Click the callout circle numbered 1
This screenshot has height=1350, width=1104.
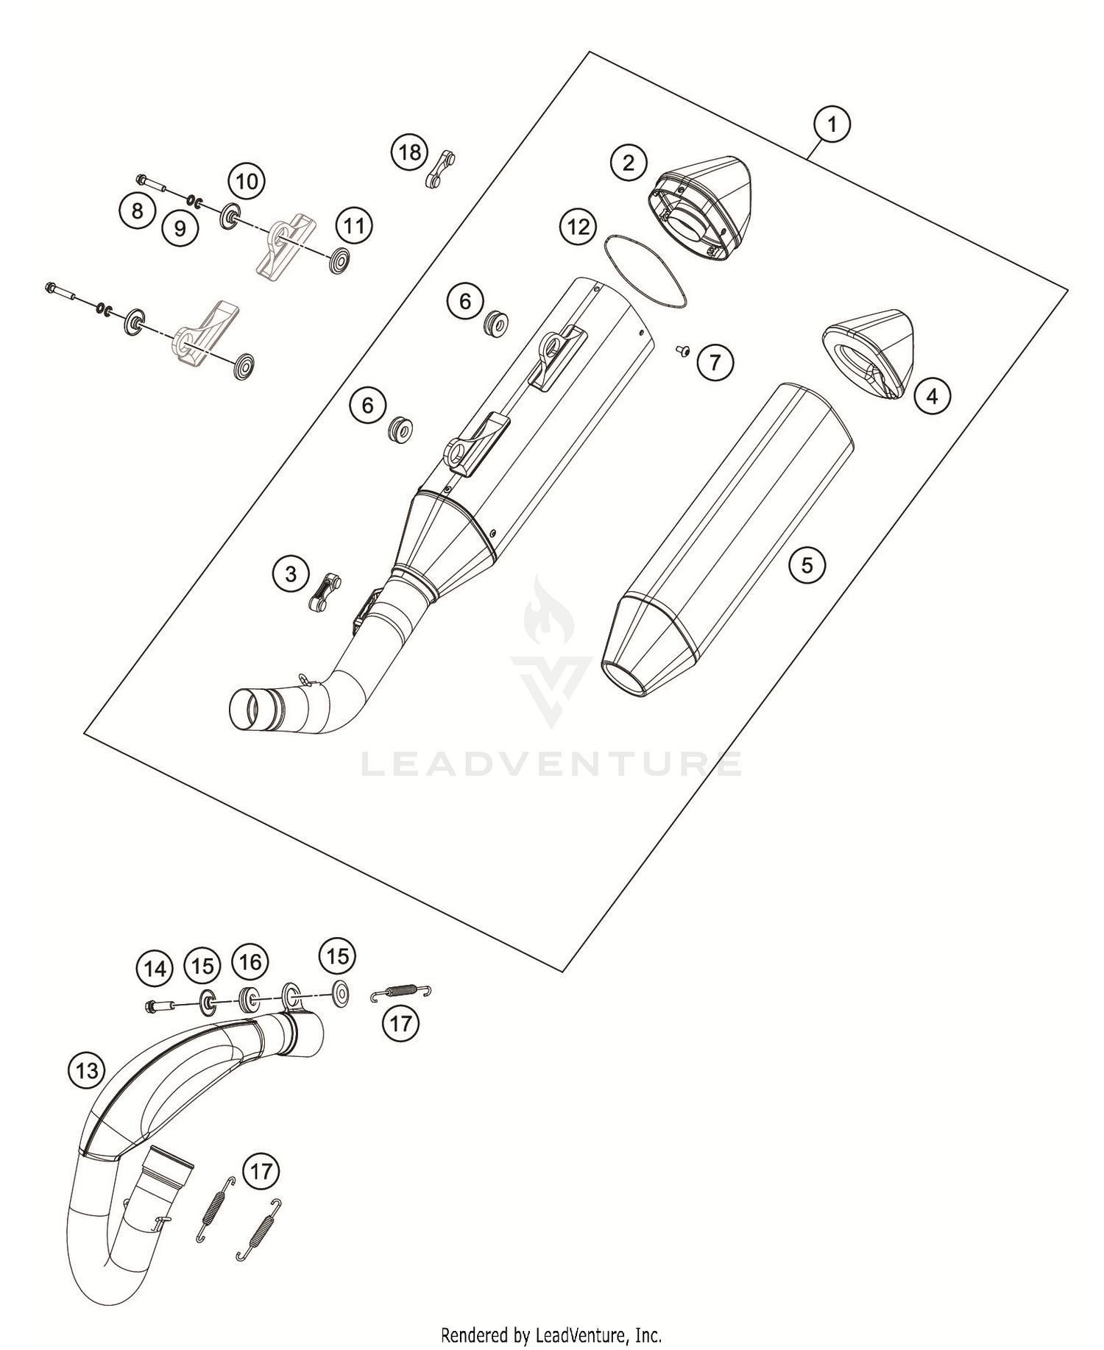tap(832, 124)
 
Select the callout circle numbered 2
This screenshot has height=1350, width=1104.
tap(628, 162)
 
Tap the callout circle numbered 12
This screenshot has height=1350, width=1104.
tap(578, 227)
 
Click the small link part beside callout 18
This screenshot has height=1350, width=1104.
tap(441, 169)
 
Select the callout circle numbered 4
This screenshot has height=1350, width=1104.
tap(932, 397)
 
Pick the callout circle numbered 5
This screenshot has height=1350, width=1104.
tap(807, 565)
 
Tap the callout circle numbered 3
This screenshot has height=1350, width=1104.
tap(291, 573)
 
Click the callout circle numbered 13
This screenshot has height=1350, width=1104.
tap(86, 1070)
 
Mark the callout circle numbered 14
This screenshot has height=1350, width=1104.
tap(155, 969)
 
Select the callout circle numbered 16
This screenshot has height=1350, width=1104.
tap(250, 961)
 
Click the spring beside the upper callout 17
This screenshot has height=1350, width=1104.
tap(400, 993)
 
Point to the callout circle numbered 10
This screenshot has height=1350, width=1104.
tap(247, 180)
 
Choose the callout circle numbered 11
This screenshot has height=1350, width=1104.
tap(354, 225)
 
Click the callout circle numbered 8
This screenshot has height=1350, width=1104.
tap(137, 211)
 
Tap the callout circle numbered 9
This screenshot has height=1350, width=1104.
tap(180, 228)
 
